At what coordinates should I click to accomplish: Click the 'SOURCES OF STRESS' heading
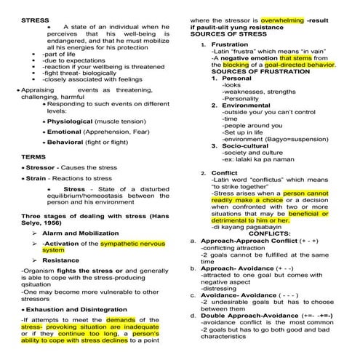tap(227, 33)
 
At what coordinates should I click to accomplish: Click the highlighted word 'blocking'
tap(226, 65)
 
